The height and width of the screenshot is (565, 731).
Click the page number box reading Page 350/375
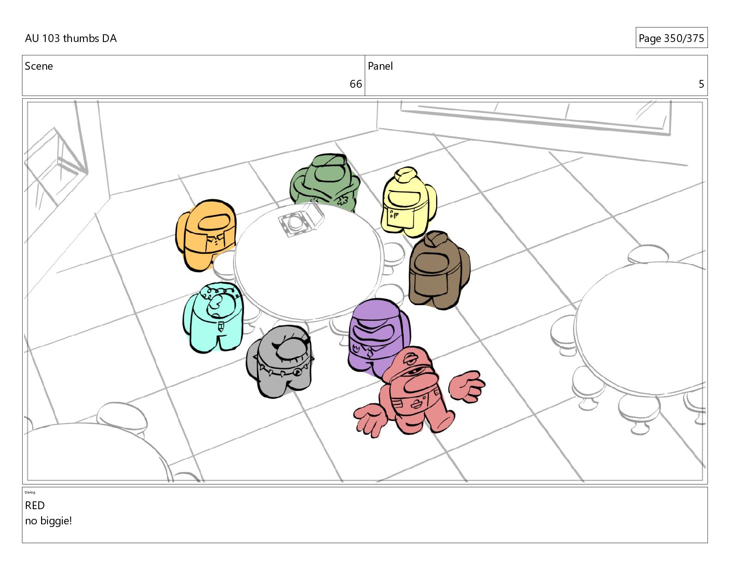point(671,38)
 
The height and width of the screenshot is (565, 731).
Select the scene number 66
point(355,84)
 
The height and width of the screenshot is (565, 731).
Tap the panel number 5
point(701,84)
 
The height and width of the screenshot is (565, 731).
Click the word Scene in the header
point(39,66)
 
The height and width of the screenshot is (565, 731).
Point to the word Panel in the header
point(380,66)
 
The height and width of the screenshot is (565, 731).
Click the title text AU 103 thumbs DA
point(71,38)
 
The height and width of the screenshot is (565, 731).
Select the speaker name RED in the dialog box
point(35,505)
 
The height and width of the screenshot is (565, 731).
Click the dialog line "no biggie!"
point(48,521)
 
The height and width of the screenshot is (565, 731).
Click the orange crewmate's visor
point(214,222)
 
